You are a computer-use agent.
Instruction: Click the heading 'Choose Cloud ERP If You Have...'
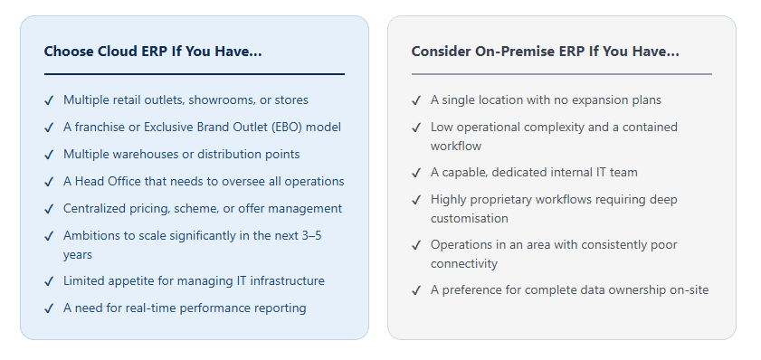pyautogui.click(x=153, y=52)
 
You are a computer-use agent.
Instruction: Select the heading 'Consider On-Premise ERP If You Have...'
pyautogui.click(x=545, y=52)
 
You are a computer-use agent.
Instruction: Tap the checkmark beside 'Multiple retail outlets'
pyautogui.click(x=49, y=100)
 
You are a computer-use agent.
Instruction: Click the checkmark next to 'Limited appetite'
pyautogui.click(x=49, y=281)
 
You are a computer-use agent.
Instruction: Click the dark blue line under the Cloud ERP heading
pyautogui.click(x=195, y=74)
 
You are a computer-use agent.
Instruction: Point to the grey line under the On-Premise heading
pyautogui.click(x=562, y=74)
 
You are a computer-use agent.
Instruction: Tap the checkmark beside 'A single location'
pyautogui.click(x=416, y=100)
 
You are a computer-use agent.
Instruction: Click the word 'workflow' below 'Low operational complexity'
pyautogui.click(x=456, y=146)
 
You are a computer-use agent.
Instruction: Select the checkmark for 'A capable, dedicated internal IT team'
pyautogui.click(x=416, y=173)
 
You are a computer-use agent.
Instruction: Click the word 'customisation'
pyautogui.click(x=470, y=218)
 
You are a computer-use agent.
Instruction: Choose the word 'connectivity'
pyautogui.click(x=464, y=264)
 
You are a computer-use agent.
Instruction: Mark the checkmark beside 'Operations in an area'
pyautogui.click(x=416, y=245)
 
